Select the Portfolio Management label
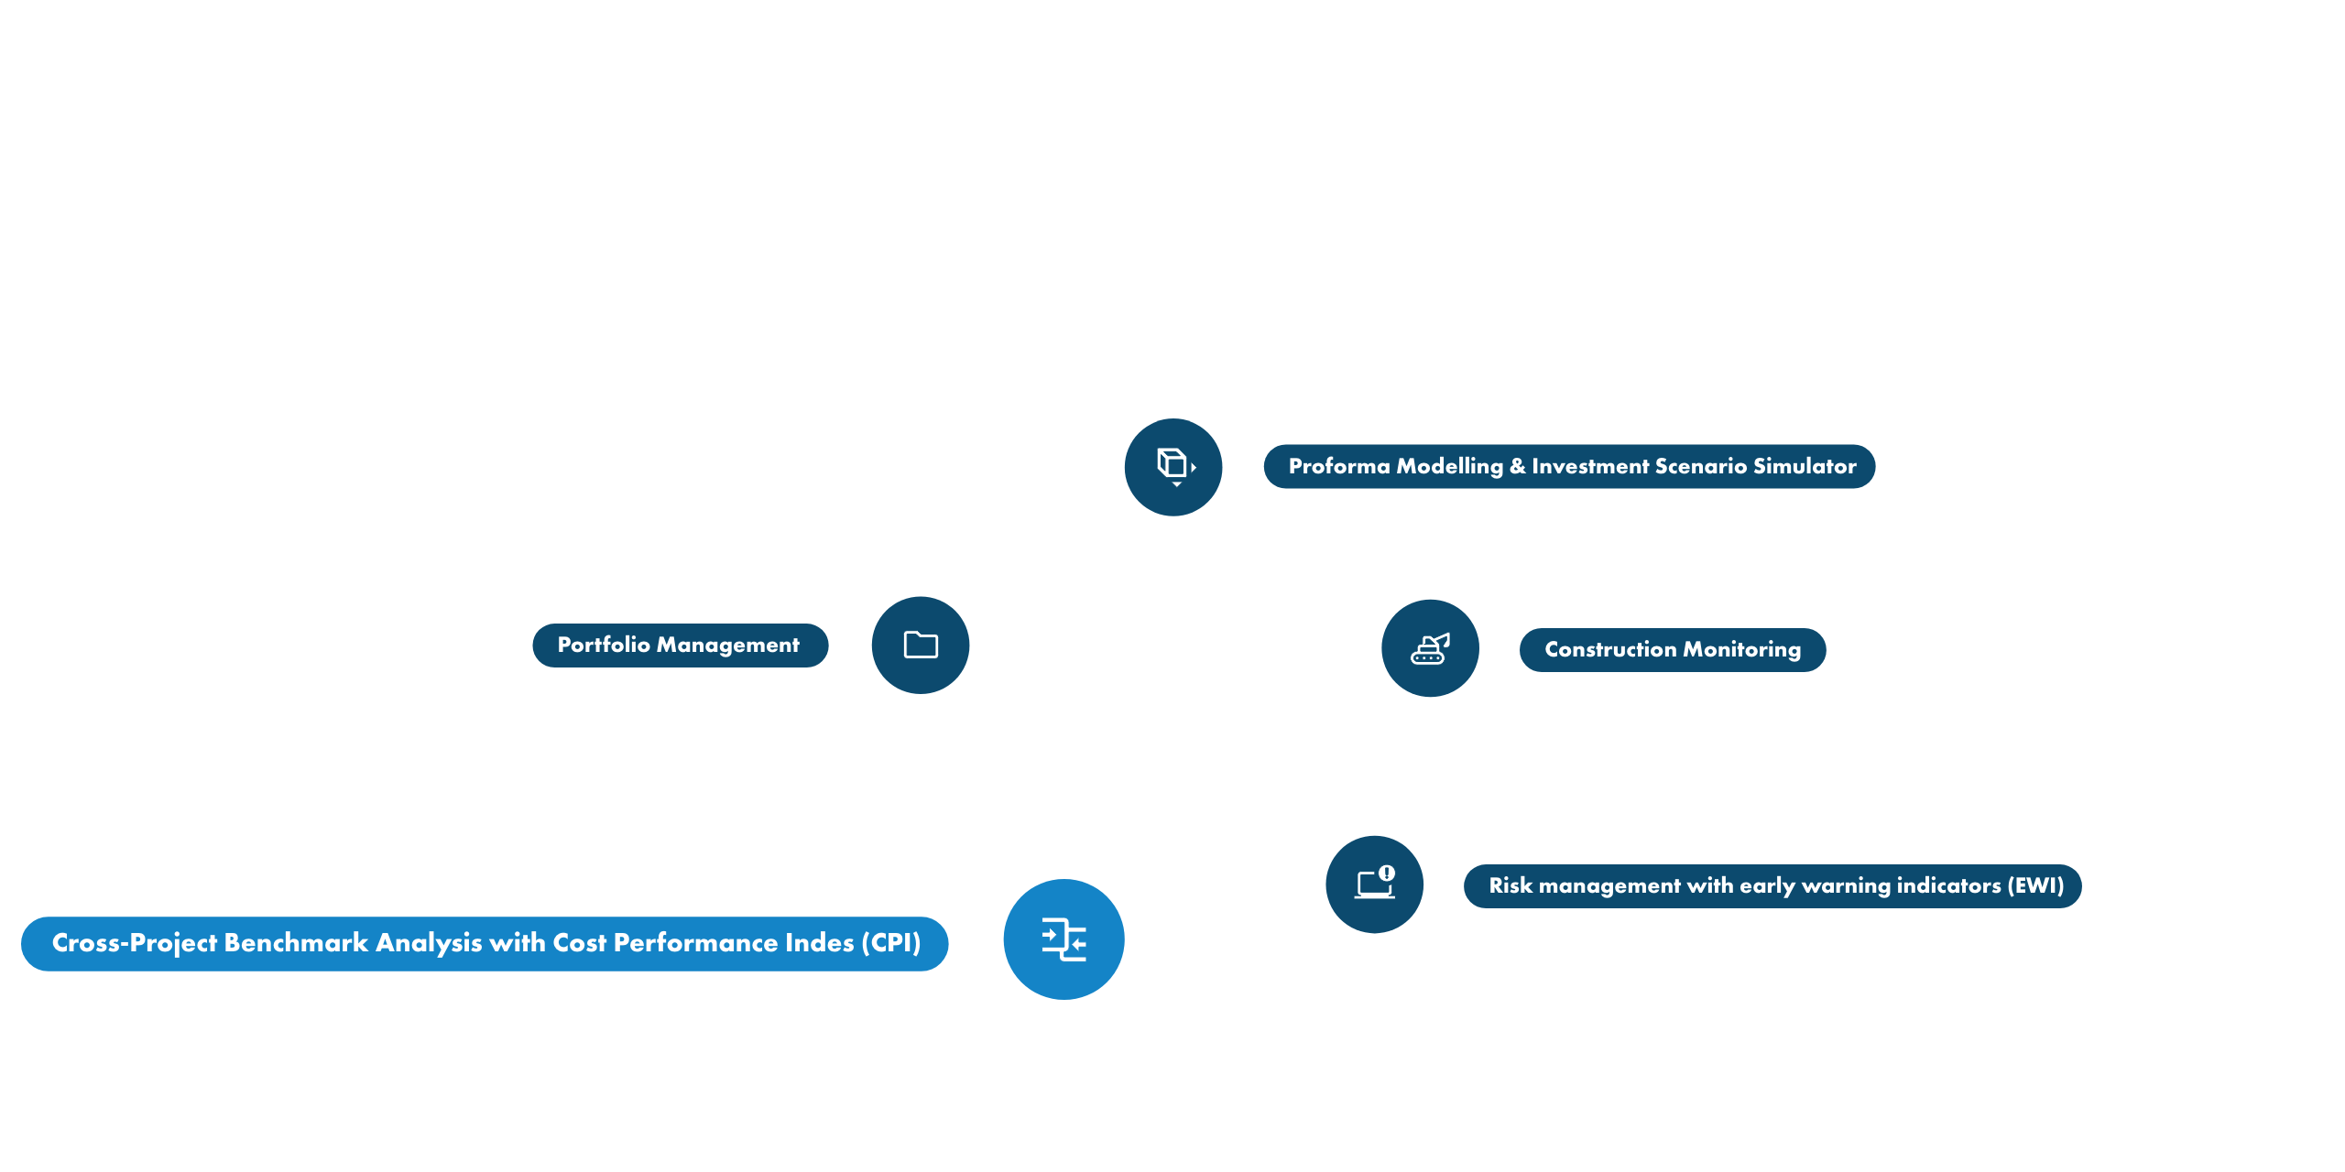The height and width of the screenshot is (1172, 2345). pos(679,646)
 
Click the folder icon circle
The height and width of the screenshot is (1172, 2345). pos(921,645)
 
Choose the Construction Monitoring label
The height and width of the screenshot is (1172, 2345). pos(1672,649)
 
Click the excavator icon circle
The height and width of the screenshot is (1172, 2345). pos(1430,648)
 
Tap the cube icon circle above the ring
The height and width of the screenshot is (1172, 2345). pos(1173,466)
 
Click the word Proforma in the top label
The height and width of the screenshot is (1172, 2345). pos(1339,466)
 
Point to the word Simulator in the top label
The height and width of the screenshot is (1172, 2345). pos(1805,466)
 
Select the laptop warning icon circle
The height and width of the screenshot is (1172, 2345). pos(1375,884)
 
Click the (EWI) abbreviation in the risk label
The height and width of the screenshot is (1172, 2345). pos(2035,885)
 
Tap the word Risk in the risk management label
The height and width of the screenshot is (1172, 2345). pos(1510,885)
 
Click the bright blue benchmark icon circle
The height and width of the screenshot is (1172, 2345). pos(1063,939)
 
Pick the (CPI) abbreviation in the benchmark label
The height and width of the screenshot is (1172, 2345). pos(890,943)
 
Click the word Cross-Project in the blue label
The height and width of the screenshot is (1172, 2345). pos(135,943)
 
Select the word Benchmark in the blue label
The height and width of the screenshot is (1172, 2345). pos(296,943)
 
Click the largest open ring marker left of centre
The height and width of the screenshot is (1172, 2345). pos(669,754)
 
